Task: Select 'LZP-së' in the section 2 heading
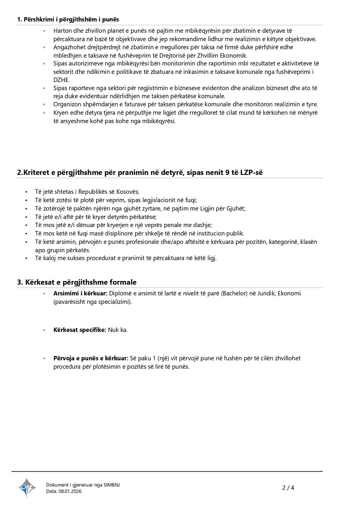[258, 172]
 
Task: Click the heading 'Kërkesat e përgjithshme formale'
[76, 282]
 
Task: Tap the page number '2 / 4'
[288, 488]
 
